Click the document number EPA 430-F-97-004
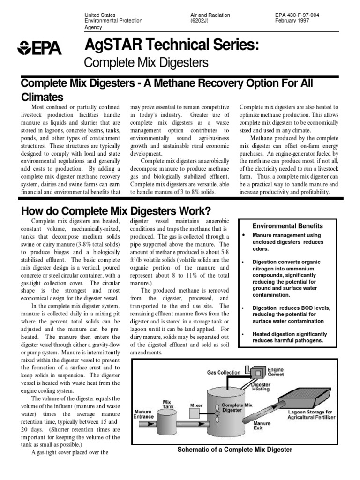297,15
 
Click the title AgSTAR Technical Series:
171,45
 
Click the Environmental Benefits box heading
288,226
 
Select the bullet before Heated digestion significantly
244,334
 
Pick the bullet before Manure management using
244,234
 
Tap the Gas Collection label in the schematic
224,373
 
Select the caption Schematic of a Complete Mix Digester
234,450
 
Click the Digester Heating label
261,386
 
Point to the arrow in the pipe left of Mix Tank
150,424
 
